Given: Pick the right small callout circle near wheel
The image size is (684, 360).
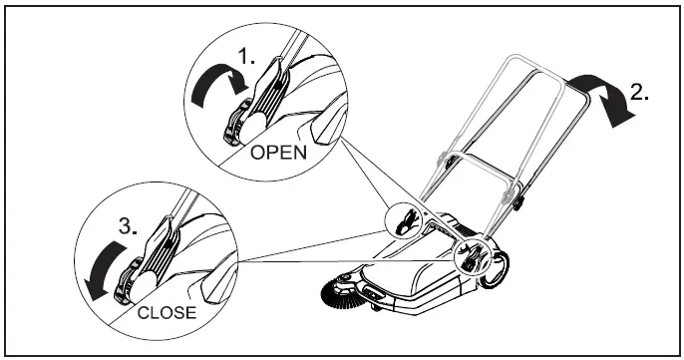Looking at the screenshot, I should coord(473,254).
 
